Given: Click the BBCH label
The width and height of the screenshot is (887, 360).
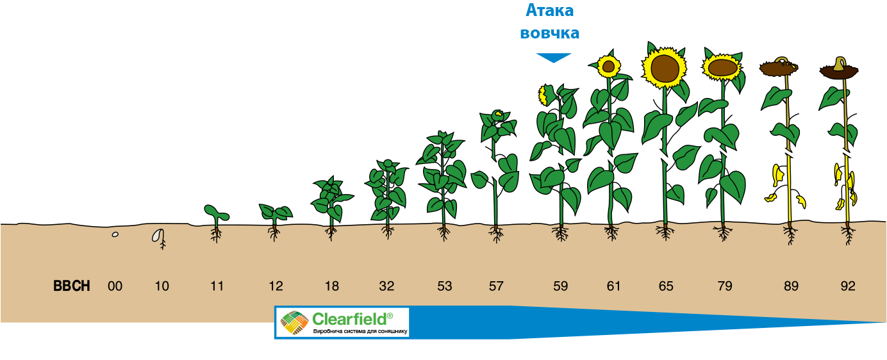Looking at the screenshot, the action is point(72,286).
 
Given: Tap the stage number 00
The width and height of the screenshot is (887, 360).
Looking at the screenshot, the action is point(115,286).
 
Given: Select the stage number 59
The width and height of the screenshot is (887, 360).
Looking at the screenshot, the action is point(560,286).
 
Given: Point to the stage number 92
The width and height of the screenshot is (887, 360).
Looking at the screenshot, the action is point(848,286).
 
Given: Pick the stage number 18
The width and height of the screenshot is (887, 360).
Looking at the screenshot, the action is point(332,286).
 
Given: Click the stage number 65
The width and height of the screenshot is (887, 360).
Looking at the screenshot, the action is point(666,286).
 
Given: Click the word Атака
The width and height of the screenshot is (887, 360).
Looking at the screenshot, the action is point(550,11).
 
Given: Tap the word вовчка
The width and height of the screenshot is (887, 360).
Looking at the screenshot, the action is point(550,33).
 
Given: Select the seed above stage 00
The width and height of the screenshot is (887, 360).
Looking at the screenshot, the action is point(115,234).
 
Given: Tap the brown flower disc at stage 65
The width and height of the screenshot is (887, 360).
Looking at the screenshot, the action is point(665,68).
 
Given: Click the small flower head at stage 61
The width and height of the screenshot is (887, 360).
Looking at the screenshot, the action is point(609,67).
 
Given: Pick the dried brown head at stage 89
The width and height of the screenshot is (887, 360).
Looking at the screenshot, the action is point(779,67).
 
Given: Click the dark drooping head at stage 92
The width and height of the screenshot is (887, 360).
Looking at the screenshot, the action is point(839,70).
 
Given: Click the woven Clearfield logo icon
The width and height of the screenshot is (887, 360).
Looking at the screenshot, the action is point(294,322).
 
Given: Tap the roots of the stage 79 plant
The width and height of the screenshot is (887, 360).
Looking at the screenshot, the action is point(724,233).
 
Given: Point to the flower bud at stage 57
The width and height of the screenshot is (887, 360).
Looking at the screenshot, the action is point(497,115).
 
